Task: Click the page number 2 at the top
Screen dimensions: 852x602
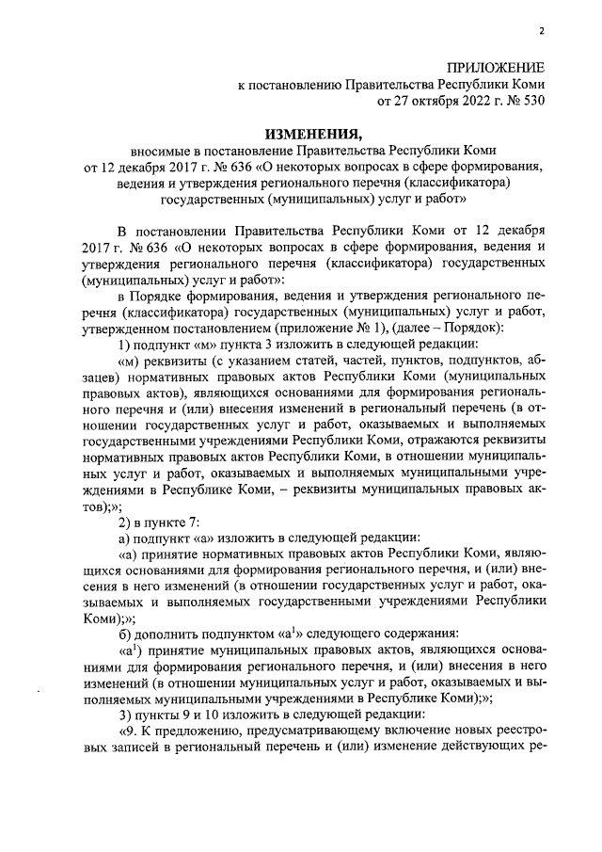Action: click(542, 31)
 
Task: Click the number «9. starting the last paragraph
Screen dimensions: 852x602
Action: click(127, 733)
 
